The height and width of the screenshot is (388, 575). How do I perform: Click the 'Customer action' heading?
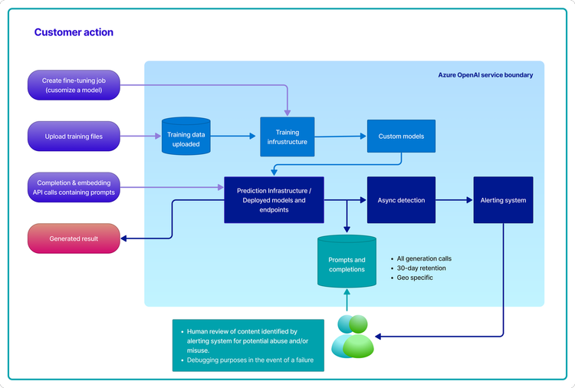(74, 33)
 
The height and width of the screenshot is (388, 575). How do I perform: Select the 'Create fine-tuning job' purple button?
(73, 85)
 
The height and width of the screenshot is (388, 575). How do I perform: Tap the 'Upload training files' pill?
(73, 136)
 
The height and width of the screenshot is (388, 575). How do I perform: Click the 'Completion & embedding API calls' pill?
(73, 188)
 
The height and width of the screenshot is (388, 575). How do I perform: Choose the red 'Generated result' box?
(74, 238)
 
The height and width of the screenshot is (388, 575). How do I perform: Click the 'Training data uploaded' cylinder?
(184, 137)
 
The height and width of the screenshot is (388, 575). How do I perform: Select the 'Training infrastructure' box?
(287, 137)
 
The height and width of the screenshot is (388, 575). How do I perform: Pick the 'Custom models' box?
(401, 136)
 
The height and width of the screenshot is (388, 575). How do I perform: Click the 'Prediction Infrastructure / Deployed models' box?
(274, 200)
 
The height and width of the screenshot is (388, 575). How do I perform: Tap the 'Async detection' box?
(401, 200)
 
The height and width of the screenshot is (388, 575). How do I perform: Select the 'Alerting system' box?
(503, 200)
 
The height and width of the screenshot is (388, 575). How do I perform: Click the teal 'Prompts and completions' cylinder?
(347, 262)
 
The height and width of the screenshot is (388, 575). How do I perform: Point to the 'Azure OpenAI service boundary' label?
(485, 75)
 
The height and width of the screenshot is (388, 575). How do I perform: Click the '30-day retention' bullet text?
(421, 268)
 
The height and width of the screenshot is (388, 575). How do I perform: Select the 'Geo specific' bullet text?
(415, 278)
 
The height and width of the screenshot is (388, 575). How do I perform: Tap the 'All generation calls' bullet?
(425, 259)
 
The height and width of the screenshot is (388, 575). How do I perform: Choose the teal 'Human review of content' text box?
(248, 345)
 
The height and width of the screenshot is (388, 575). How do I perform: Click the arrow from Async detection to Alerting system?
(454, 200)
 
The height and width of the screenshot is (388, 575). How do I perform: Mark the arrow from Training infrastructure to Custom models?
(340, 136)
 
